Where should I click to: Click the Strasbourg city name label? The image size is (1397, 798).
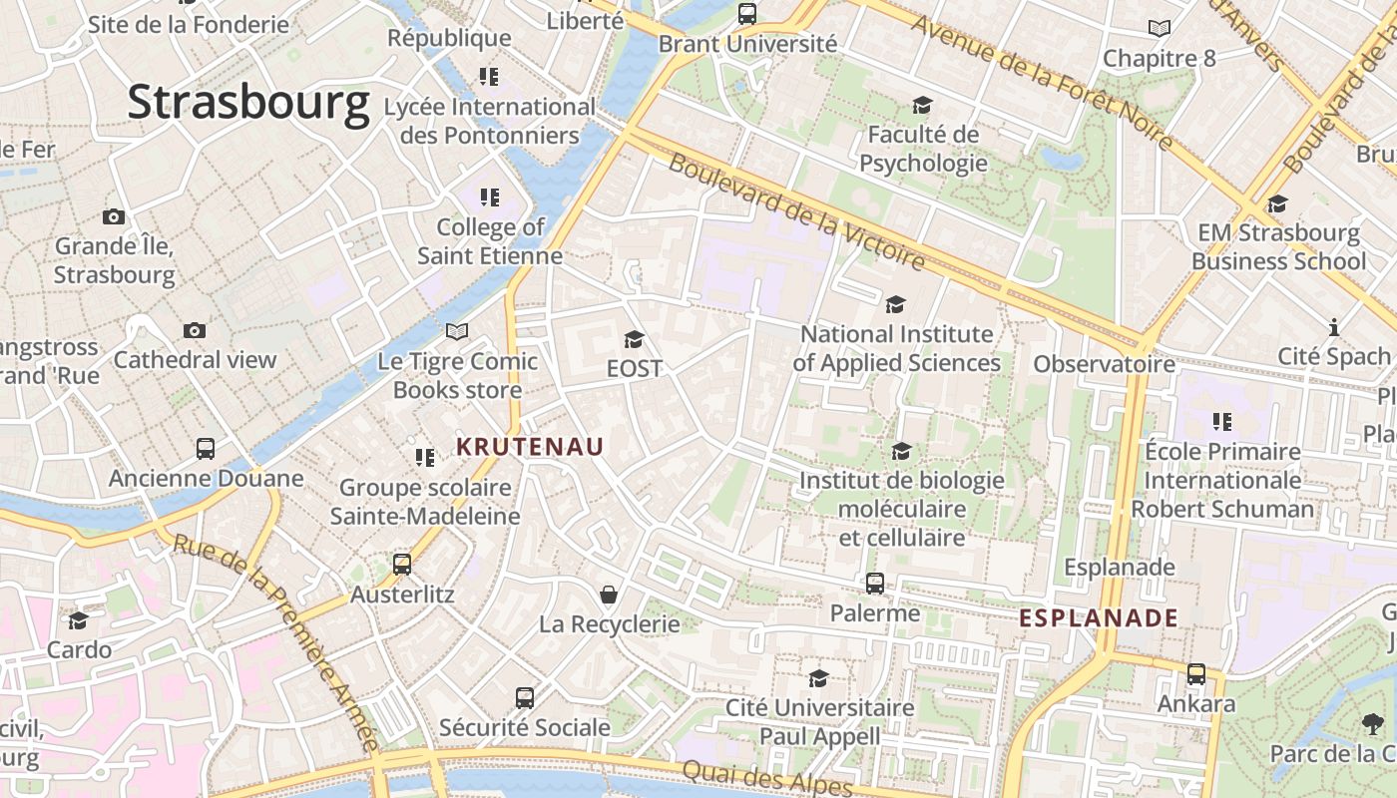(248, 103)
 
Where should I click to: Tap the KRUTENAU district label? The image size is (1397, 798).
(530, 447)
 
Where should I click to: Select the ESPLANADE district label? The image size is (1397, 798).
(1099, 618)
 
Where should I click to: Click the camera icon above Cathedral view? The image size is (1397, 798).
(195, 330)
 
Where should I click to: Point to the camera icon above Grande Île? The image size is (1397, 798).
(114, 216)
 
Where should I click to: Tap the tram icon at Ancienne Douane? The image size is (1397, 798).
(206, 448)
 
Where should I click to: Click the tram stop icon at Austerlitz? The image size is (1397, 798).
(402, 565)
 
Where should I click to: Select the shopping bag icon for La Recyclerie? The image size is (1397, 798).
(609, 595)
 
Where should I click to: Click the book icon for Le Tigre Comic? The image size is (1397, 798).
(457, 331)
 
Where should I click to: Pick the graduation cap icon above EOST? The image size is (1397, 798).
(634, 339)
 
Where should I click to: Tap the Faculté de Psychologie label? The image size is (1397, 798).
(923, 148)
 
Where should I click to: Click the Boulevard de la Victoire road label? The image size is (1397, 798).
(796, 211)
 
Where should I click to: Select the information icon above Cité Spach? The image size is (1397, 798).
(1334, 327)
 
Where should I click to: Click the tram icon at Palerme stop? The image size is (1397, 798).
(875, 584)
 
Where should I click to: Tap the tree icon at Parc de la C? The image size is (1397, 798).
(1373, 723)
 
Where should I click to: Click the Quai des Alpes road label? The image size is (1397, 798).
(767, 778)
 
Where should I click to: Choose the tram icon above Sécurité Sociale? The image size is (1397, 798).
(525, 697)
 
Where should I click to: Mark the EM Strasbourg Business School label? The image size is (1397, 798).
(1278, 246)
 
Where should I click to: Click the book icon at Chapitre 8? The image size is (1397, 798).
(1159, 28)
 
